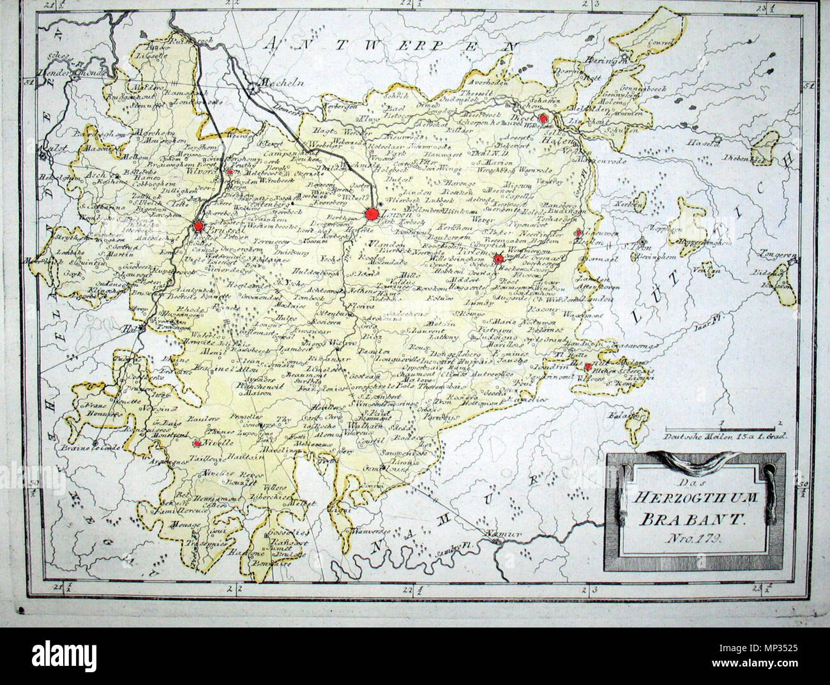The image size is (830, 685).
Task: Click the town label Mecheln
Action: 278,83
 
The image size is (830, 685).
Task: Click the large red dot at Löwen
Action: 372,214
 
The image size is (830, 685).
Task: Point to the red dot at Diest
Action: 543,118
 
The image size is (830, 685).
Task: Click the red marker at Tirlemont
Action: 498,259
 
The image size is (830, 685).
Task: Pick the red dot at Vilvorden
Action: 229,172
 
